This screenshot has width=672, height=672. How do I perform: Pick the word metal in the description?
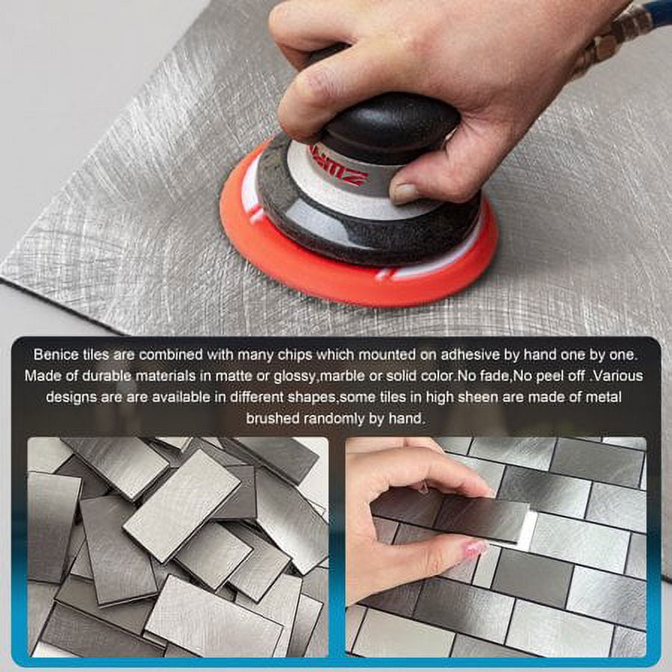(603, 397)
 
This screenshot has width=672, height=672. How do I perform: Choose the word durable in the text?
(107, 376)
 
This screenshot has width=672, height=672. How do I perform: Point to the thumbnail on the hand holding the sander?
(403, 193)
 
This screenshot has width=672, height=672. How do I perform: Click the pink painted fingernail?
(476, 548)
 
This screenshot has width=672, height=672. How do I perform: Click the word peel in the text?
(551, 376)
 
